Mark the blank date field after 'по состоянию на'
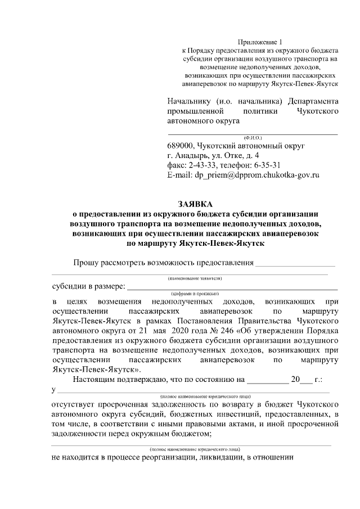267,380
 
